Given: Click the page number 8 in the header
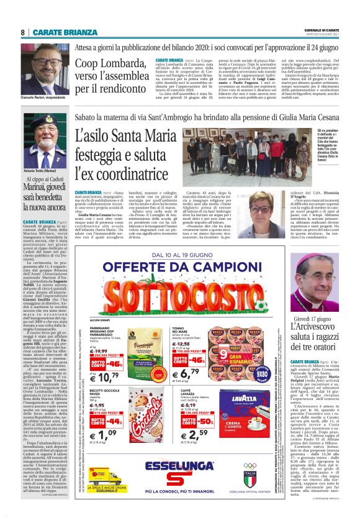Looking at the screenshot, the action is (x=23, y=32).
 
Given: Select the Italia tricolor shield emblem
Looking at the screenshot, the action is (x=250, y=476).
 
